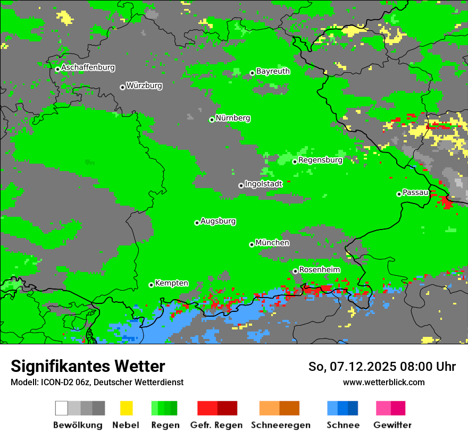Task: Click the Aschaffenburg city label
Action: click(x=88, y=67)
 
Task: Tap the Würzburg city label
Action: click(x=144, y=86)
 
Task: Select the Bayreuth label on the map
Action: click(x=273, y=71)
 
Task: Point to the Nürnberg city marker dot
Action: click(x=212, y=120)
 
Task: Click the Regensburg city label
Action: click(x=320, y=160)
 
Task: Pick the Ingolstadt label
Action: click(x=264, y=184)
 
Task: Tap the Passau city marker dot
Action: click(x=399, y=194)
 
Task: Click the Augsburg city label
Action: click(x=218, y=221)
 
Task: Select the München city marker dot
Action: click(x=252, y=244)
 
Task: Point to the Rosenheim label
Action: click(x=319, y=270)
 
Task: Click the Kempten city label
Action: click(x=171, y=283)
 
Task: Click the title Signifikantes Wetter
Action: click(x=88, y=366)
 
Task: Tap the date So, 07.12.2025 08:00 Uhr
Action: click(x=382, y=367)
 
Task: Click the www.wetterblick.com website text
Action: click(x=383, y=382)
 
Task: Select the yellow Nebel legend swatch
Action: click(x=126, y=408)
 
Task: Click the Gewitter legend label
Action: click(x=392, y=425)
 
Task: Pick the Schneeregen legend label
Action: click(x=280, y=425)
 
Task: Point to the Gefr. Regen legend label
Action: click(x=216, y=425)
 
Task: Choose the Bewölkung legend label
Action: click(x=78, y=425)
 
